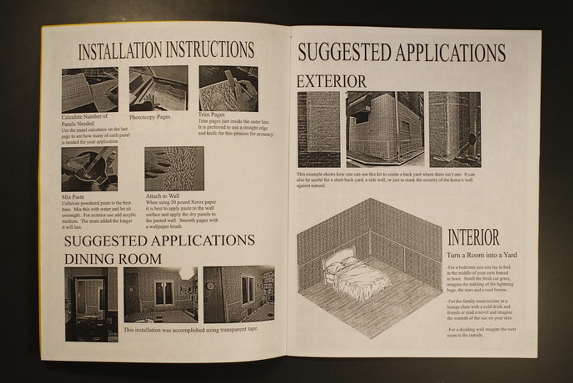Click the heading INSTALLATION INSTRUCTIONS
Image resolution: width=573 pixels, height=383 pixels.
point(166,50)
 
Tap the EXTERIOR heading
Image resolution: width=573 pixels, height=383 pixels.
point(332,82)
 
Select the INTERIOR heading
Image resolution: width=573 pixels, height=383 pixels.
point(473,238)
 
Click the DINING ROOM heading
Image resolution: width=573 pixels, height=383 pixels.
point(113,259)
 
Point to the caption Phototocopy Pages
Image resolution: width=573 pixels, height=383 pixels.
point(150,117)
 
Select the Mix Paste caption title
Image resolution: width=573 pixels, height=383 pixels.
point(73,197)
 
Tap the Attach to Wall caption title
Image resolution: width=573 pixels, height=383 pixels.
point(162,196)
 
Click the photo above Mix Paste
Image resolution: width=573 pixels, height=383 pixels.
point(89,169)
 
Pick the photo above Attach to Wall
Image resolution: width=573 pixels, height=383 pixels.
point(174,168)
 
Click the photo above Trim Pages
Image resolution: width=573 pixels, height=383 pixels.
point(228,89)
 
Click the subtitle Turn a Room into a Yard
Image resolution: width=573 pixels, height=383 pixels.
point(482,255)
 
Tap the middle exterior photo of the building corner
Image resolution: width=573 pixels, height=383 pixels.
point(385,129)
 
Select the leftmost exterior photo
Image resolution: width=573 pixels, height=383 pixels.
point(318,129)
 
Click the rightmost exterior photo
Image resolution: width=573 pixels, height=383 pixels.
point(454,129)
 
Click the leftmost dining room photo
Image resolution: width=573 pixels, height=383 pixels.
point(91,304)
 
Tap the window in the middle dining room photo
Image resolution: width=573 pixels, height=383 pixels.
point(164,293)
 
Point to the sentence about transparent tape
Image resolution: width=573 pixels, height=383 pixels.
point(190,330)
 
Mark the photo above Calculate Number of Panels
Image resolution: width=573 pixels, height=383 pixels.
point(90,90)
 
